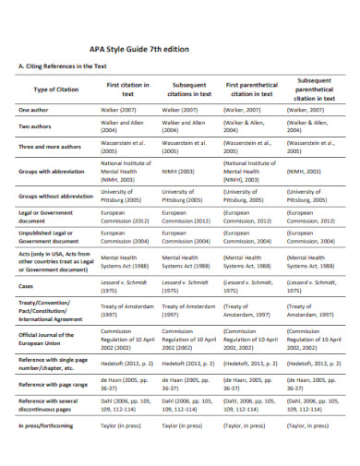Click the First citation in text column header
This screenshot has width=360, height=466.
126,89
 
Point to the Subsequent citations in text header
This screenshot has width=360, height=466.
189,89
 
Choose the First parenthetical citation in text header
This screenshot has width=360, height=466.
251,89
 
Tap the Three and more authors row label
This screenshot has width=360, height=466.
54,147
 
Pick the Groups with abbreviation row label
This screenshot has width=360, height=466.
57,171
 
